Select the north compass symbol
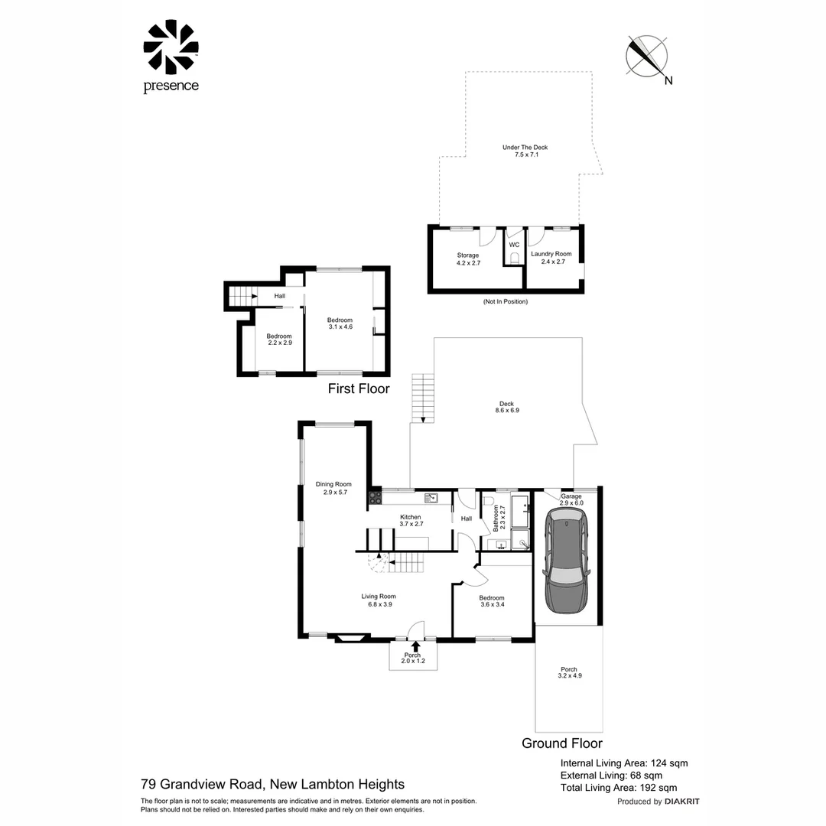[647, 57]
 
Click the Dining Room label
[333, 488]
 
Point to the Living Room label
[379, 600]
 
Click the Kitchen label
[411, 520]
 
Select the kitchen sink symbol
[431, 498]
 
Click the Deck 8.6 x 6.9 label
[506, 408]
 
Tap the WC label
[514, 245]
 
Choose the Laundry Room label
[551, 258]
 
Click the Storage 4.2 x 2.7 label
[468, 259]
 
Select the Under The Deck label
[525, 151]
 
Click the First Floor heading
[359, 389]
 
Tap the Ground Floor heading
[561, 743]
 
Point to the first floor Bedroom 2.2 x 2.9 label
[279, 340]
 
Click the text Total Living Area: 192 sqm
[619, 787]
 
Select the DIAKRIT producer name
[682, 802]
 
